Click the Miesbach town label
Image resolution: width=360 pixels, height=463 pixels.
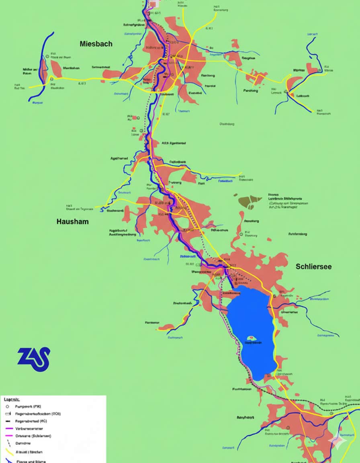pos(96,43)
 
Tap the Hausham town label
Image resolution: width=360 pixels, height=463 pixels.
pos(72,221)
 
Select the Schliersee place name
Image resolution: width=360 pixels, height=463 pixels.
pos(313,266)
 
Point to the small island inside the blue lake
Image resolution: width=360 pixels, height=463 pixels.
pos(252,338)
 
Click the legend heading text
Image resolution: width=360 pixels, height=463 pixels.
pos(12,399)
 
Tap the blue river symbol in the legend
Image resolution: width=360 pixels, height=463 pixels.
pos(8,460)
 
